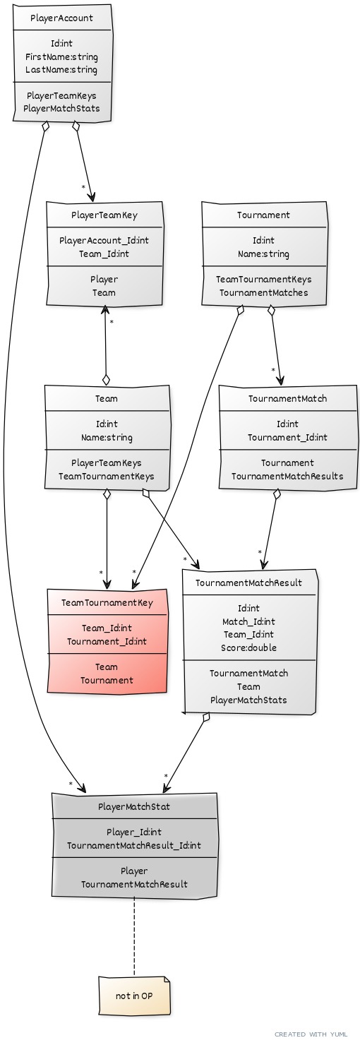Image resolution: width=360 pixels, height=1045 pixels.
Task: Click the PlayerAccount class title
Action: click(61, 18)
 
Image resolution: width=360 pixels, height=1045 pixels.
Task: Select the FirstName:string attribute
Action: click(61, 57)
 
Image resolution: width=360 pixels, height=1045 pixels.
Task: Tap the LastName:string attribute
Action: click(61, 70)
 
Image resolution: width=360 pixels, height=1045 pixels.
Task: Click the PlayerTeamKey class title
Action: click(104, 215)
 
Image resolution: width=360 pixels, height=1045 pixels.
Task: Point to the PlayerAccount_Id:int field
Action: click(104, 241)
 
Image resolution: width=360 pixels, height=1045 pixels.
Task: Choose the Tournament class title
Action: click(263, 215)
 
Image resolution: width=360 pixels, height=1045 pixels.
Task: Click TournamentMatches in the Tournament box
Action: click(264, 293)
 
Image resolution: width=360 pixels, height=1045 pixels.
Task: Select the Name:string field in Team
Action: click(107, 438)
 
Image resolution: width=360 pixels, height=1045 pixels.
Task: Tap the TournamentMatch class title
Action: click(288, 399)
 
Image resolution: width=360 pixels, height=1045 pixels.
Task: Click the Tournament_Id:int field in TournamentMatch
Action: click(288, 438)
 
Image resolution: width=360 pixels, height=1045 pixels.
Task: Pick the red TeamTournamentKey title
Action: click(107, 603)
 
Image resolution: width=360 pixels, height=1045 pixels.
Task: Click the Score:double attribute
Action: click(249, 647)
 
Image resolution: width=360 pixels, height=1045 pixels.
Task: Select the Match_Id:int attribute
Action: click(249, 621)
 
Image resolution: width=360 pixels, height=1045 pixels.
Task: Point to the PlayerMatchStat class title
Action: click(134, 806)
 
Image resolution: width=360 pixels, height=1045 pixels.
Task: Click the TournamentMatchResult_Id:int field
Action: click(134, 845)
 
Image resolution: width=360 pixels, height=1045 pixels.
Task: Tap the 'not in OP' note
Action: click(134, 996)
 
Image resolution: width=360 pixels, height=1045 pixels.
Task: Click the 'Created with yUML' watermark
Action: click(311, 1034)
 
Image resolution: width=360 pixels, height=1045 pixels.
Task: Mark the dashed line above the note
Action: click(134, 936)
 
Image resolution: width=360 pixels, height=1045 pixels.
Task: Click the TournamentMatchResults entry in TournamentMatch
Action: click(288, 477)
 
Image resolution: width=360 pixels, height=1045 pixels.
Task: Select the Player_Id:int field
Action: click(134, 832)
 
